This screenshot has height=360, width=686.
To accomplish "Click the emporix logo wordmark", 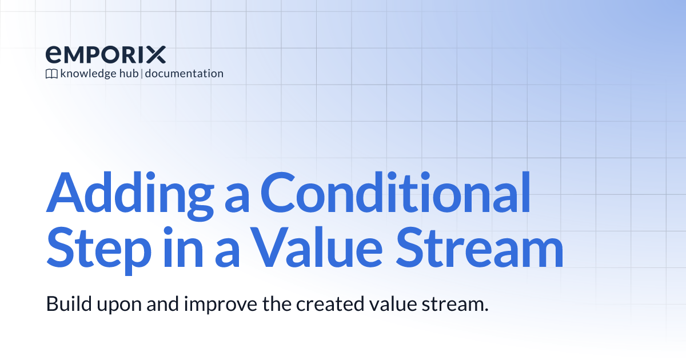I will coord(106,55).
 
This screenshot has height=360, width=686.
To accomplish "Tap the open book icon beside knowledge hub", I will coord(51,74).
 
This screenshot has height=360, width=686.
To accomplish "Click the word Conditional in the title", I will coord(395,193).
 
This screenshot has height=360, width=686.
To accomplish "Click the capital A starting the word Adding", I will coord(62,193).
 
